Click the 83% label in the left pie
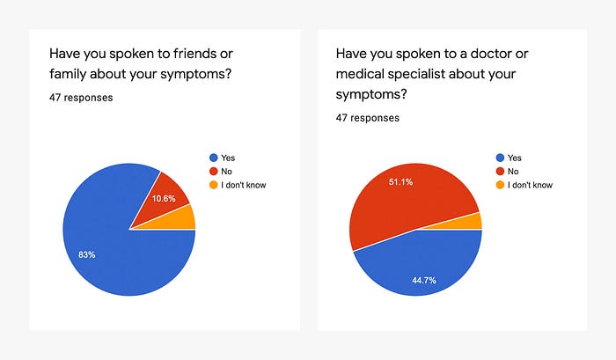(86, 254)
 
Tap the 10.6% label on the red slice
(164, 198)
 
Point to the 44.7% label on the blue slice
(424, 280)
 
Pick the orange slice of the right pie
(477, 221)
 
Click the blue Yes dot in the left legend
(212, 158)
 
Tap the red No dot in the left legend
(212, 172)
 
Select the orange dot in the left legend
(212, 185)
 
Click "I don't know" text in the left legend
(244, 185)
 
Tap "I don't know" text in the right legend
(531, 185)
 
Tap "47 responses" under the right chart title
(368, 117)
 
